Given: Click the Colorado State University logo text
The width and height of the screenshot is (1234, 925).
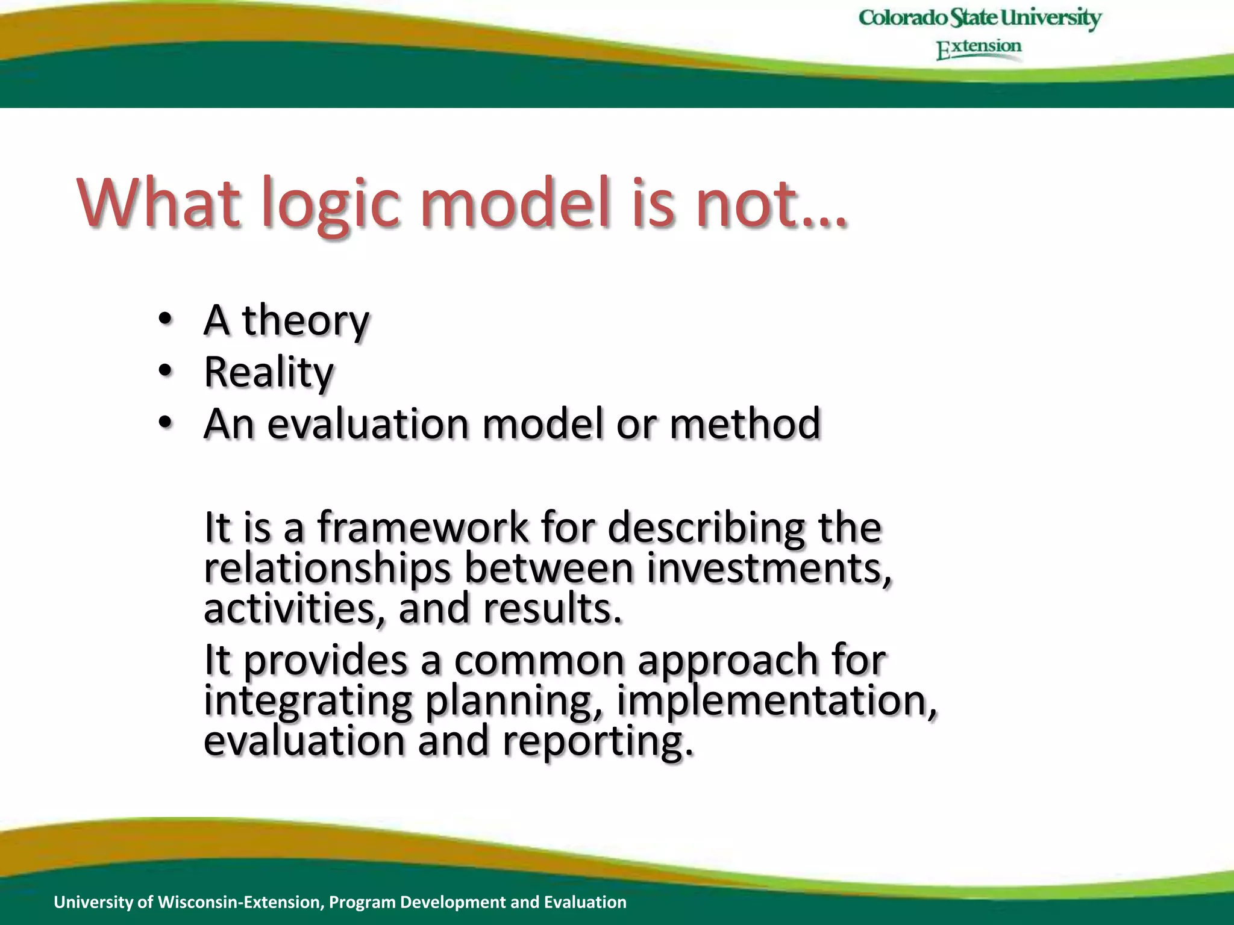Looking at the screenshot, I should (x=980, y=17).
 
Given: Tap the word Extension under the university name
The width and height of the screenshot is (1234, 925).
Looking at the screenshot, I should (x=979, y=48).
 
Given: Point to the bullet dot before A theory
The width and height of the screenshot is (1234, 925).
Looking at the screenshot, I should (x=166, y=319).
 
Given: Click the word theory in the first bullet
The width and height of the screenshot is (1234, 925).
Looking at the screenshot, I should (x=305, y=320).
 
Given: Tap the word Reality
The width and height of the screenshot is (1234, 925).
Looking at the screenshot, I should (x=269, y=372).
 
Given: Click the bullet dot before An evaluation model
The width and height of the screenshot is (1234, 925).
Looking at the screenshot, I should (x=166, y=423).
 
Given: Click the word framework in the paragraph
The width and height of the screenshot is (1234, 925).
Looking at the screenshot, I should (x=422, y=527).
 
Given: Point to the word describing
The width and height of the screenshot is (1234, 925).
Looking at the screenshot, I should (x=706, y=528).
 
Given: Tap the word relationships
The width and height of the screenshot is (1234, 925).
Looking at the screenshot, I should (x=327, y=568).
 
